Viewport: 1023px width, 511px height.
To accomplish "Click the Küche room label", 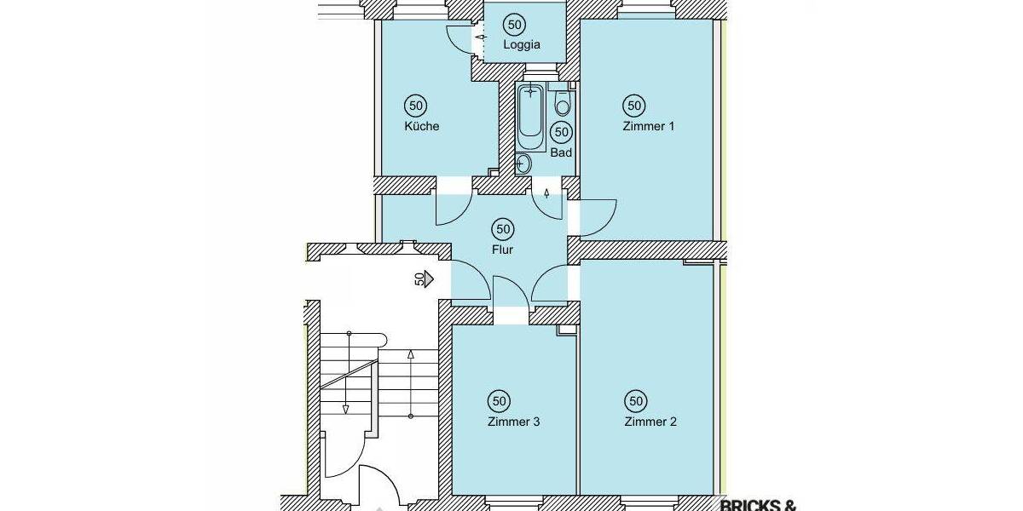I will pos(422,127).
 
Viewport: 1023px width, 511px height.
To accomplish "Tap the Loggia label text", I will pos(523,45).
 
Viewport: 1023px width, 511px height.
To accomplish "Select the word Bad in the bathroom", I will pos(561,153).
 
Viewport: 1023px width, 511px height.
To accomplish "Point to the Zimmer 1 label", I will pos(649,127).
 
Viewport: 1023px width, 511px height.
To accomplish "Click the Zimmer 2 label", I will pos(650,422).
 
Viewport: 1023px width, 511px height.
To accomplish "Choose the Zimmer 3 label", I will pos(513,422).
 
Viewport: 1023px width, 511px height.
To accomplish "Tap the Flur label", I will pos(502,250).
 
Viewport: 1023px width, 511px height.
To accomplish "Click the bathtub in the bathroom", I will pos(532,115).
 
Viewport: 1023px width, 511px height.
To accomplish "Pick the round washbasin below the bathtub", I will pos(524,163).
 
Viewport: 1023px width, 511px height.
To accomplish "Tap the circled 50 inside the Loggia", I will pos(514,24).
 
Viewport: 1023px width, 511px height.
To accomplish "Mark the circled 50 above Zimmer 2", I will pos(635,400).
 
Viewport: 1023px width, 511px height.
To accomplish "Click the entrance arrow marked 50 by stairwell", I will pos(425,278).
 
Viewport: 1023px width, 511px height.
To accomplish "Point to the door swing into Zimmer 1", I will pos(599,218).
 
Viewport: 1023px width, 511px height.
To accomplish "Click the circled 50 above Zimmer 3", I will pos(500,400).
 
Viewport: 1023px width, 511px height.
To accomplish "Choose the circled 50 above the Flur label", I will pos(503,228).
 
